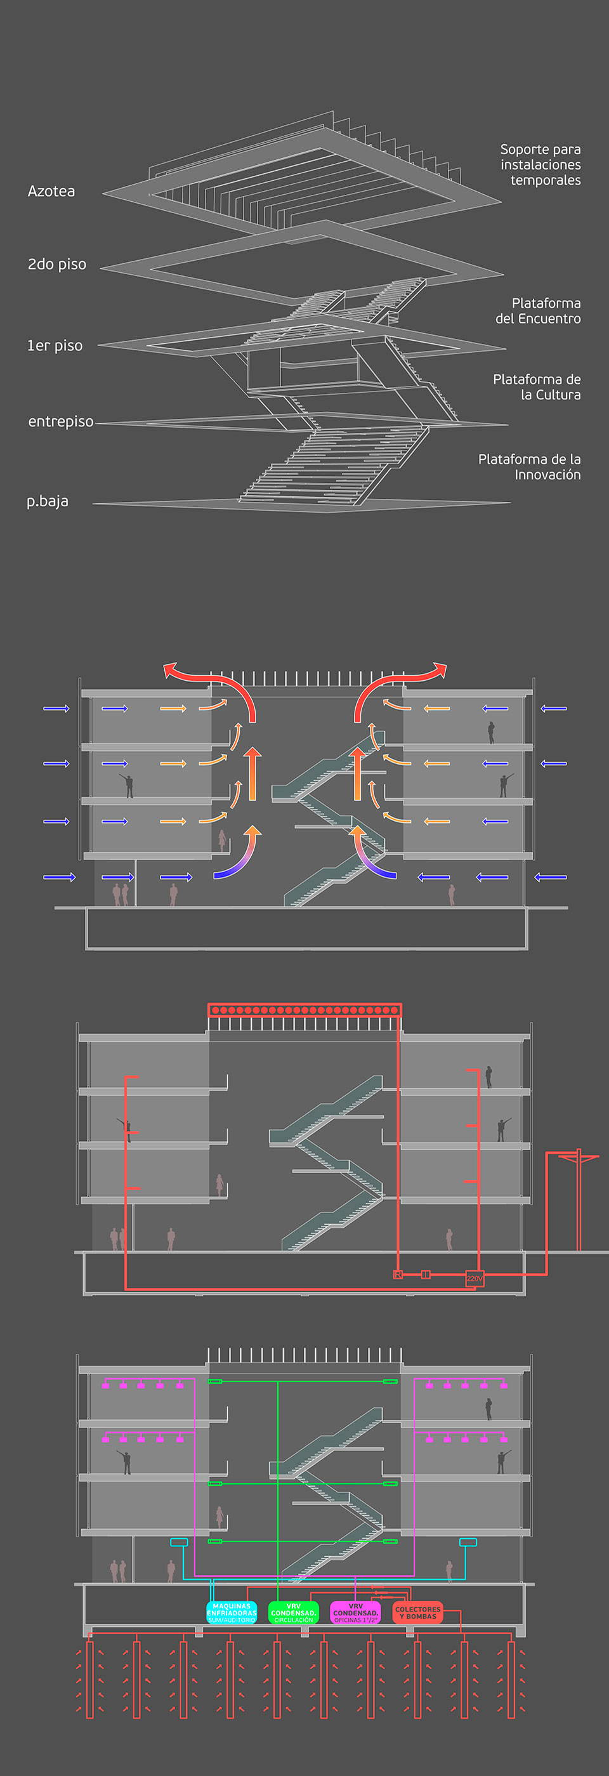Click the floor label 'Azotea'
tap(51, 191)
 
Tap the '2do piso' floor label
tap(56, 264)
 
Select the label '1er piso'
tap(55, 345)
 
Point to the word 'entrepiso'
tap(61, 421)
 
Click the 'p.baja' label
tap(48, 501)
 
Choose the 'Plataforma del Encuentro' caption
tap(538, 311)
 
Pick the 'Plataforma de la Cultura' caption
tap(537, 387)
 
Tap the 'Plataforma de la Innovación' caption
tap(529, 467)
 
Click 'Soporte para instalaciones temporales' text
tap(540, 165)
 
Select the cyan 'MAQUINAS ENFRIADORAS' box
tap(232, 1612)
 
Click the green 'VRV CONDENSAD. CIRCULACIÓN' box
tap(294, 1612)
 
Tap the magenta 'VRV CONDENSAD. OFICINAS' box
tap(355, 1612)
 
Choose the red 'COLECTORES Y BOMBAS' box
tap(417, 1612)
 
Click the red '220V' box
tap(475, 1278)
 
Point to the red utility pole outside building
tap(579, 1200)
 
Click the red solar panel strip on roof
tap(304, 1010)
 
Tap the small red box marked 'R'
tap(398, 1275)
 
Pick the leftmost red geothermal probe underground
tap(89, 1680)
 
